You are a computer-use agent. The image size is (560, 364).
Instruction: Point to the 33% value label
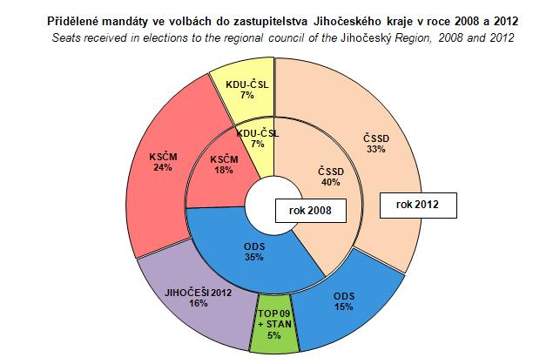click(377, 149)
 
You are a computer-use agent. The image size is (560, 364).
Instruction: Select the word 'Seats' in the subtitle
click(66, 38)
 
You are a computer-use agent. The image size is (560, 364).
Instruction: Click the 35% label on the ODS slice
click(253, 258)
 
